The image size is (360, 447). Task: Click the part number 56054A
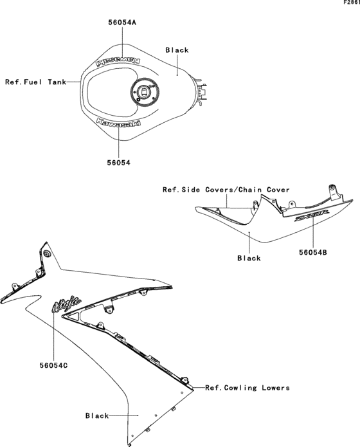tap(122, 22)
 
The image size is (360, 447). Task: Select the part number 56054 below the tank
tap(118, 163)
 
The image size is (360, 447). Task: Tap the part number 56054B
tap(315, 253)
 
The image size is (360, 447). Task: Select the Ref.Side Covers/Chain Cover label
tap(226, 190)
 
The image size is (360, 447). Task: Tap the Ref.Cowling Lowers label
tap(248, 388)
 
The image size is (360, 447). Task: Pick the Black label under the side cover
tap(249, 258)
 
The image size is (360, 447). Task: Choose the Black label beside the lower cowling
tap(97, 416)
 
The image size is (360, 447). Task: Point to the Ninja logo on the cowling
tap(66, 304)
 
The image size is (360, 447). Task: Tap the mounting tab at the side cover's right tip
tap(332, 191)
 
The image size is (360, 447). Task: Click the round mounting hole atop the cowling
tap(48, 257)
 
